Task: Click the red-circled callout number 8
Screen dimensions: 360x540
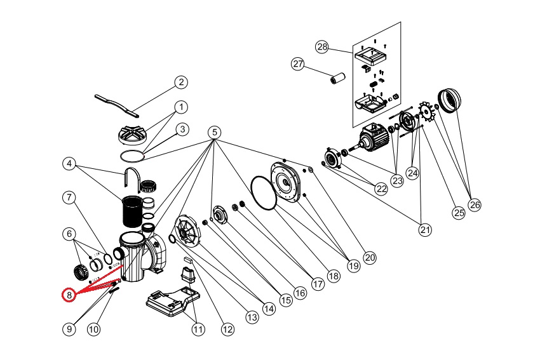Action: (x=69, y=295)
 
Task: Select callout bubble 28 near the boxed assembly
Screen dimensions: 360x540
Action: (x=323, y=47)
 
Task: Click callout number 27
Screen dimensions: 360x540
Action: (x=298, y=63)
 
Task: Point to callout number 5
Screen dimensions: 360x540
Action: (x=214, y=132)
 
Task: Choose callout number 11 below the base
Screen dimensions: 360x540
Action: (x=199, y=329)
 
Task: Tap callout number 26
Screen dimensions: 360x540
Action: (x=475, y=204)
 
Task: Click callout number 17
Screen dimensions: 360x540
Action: (x=318, y=285)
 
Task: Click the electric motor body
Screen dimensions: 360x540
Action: (x=375, y=136)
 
